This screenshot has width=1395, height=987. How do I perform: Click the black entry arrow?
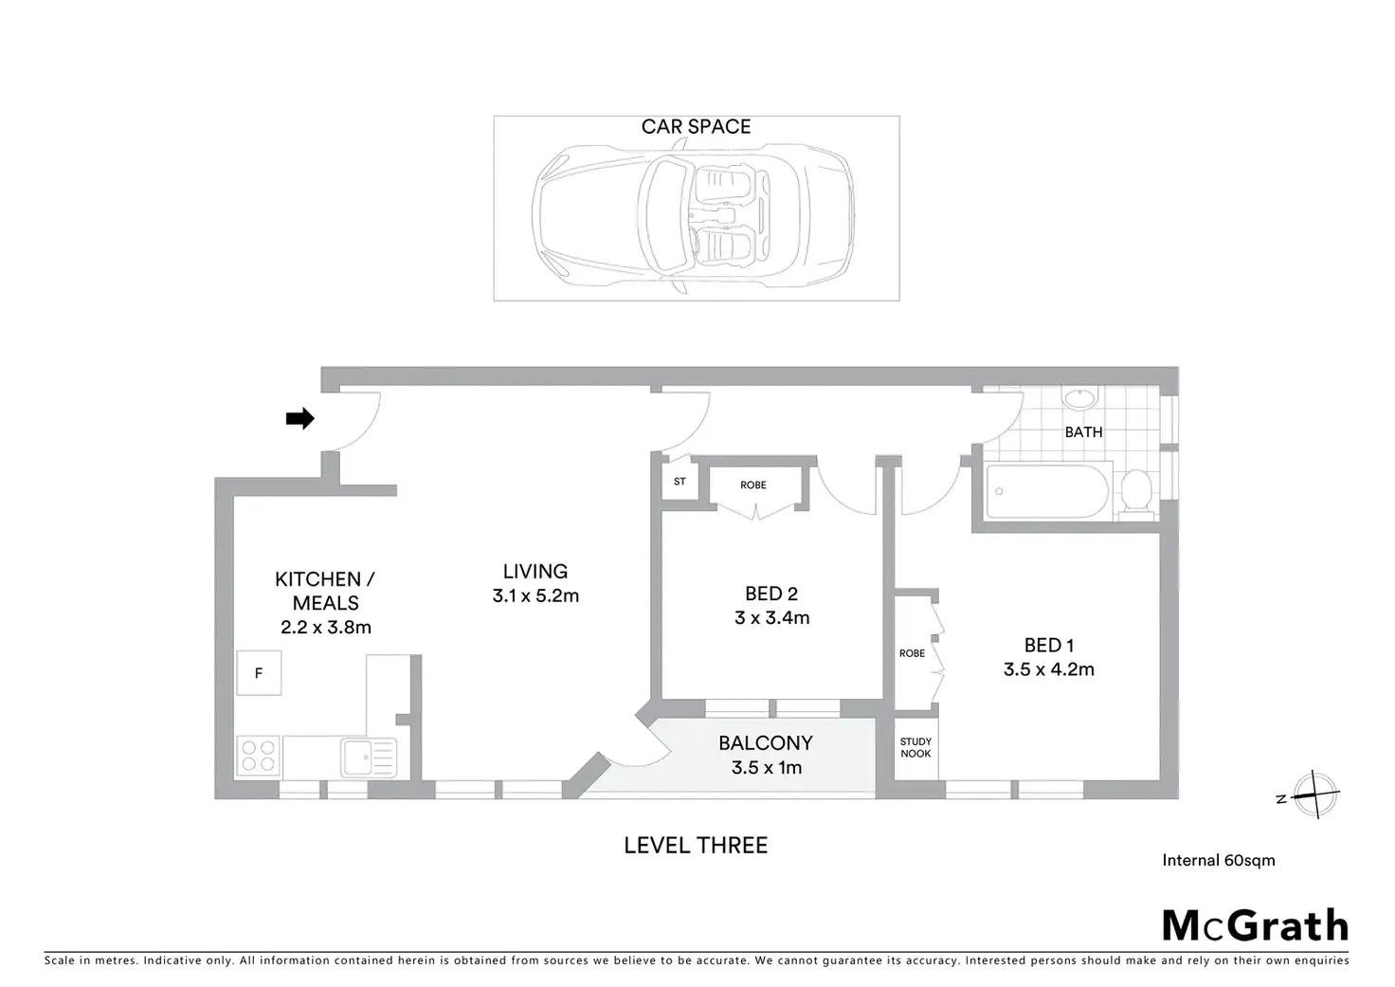coord(300,418)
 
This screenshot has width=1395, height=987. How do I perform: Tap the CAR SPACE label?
coord(696,127)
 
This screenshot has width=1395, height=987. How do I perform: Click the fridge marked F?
coord(259,673)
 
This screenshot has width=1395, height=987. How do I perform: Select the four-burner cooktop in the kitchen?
coord(258,756)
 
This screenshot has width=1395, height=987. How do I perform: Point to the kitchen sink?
coord(364,756)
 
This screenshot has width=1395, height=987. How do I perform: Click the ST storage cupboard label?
coord(679,482)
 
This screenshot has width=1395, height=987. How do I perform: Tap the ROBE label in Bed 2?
coord(753,485)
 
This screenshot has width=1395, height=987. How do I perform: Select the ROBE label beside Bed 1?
coord(912,653)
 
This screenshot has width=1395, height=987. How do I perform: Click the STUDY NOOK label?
coord(915,748)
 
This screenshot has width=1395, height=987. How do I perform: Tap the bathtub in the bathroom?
coord(1046,491)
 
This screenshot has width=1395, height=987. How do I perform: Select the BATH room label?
coord(1083,432)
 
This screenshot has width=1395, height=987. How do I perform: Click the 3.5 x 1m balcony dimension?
coord(767,768)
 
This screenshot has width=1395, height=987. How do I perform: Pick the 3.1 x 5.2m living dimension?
coord(535,596)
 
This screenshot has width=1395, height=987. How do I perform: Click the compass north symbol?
coord(1315,795)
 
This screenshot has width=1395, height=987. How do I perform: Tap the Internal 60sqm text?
coord(1219,861)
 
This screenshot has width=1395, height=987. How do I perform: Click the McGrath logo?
coord(1255,925)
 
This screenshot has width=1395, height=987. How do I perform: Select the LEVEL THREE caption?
coord(696,846)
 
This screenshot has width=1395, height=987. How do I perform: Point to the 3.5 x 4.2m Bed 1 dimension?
coord(1049,669)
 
